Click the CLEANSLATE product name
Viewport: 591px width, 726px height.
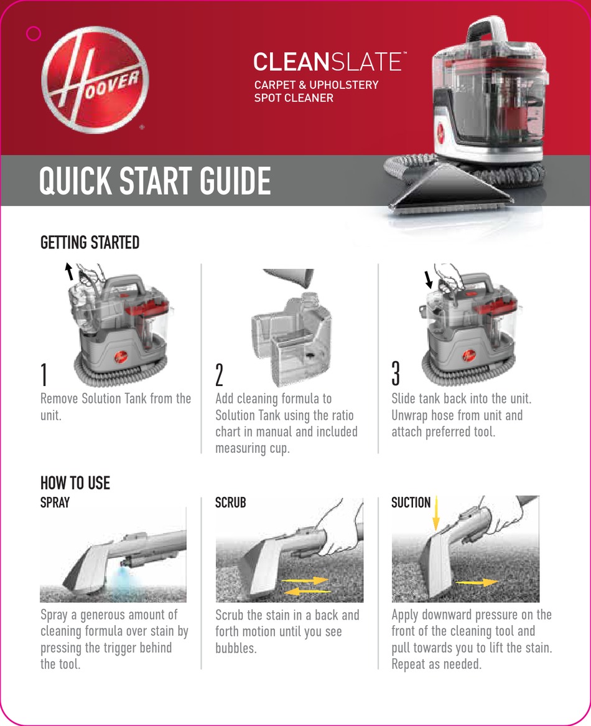329,62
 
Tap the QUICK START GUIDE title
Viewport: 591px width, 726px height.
155,181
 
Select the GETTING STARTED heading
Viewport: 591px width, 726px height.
90,242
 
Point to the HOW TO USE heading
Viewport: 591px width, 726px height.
75,483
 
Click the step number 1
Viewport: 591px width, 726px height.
44,375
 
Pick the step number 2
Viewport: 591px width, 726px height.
219,375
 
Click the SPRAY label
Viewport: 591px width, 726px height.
55,502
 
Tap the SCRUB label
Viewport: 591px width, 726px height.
230,502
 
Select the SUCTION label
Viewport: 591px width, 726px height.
411,502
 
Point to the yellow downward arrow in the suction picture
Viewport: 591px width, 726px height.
435,513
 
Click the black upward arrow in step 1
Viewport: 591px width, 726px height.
69,271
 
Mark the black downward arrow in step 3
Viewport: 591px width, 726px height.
428,279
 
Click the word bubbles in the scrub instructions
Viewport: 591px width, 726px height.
236,648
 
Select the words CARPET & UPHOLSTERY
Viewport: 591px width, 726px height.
316,85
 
